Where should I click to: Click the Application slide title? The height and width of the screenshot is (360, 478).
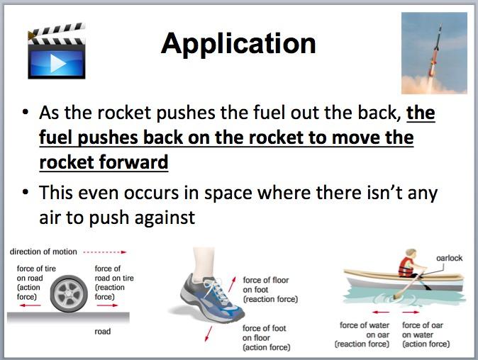(238, 44)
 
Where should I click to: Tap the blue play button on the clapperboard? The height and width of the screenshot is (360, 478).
(56, 62)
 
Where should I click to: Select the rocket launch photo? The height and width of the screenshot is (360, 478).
(434, 53)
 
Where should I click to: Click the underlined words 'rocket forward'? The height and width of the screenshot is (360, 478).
(104, 162)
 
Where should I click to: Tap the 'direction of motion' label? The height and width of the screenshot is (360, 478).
(40, 252)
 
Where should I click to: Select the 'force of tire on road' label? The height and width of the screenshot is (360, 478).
(33, 282)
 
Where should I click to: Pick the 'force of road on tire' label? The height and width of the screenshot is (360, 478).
(113, 282)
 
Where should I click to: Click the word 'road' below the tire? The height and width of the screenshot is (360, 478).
(102, 331)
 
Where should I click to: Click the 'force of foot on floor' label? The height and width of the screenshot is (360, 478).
(267, 337)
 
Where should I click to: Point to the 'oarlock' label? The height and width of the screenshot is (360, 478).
(449, 258)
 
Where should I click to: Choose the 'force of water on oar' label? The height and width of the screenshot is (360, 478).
(364, 334)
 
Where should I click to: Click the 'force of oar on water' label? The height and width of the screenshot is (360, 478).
(426, 334)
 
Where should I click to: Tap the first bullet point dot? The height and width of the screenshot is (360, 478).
(26, 114)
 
